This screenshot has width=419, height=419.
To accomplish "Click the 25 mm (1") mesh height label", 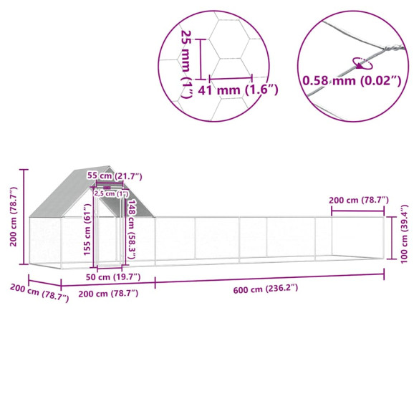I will pyautogui.click(x=188, y=57).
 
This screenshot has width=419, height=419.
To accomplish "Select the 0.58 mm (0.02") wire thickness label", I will pyautogui.click(x=350, y=80).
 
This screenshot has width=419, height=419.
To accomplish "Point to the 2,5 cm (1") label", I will pyautogui.click(x=111, y=193).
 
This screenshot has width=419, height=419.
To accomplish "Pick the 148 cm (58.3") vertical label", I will pyautogui.click(x=133, y=223).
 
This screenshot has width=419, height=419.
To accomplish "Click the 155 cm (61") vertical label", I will pyautogui.click(x=87, y=230).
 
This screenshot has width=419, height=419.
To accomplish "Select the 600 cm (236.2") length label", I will pyautogui.click(x=269, y=289).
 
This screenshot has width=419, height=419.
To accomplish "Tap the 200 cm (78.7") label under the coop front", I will pyautogui.click(x=107, y=293).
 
